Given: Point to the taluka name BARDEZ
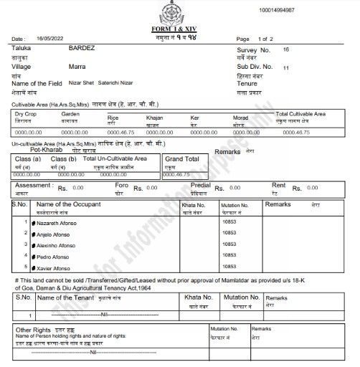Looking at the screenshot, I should coord(81,49).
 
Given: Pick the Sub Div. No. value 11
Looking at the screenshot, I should coord(286,67).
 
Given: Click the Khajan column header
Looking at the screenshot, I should coord(154,117).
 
